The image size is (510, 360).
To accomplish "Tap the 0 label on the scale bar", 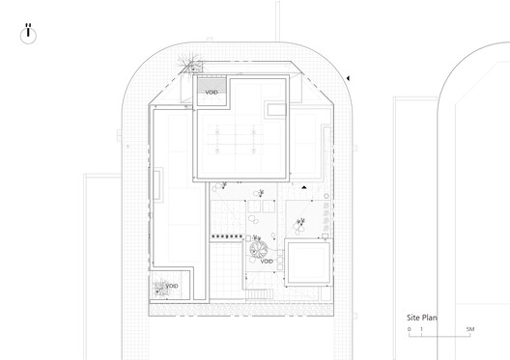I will tap(409, 329).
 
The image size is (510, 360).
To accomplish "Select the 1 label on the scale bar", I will tap(421, 329).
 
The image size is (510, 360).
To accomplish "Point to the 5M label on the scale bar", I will tap(469, 329).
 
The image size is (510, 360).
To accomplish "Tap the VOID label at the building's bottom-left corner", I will tap(172, 286).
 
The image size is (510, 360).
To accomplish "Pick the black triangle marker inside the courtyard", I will tap(302, 188).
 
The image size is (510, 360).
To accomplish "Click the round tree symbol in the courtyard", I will tap(258, 249).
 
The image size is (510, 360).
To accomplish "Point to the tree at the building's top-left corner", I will tap(190, 67).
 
